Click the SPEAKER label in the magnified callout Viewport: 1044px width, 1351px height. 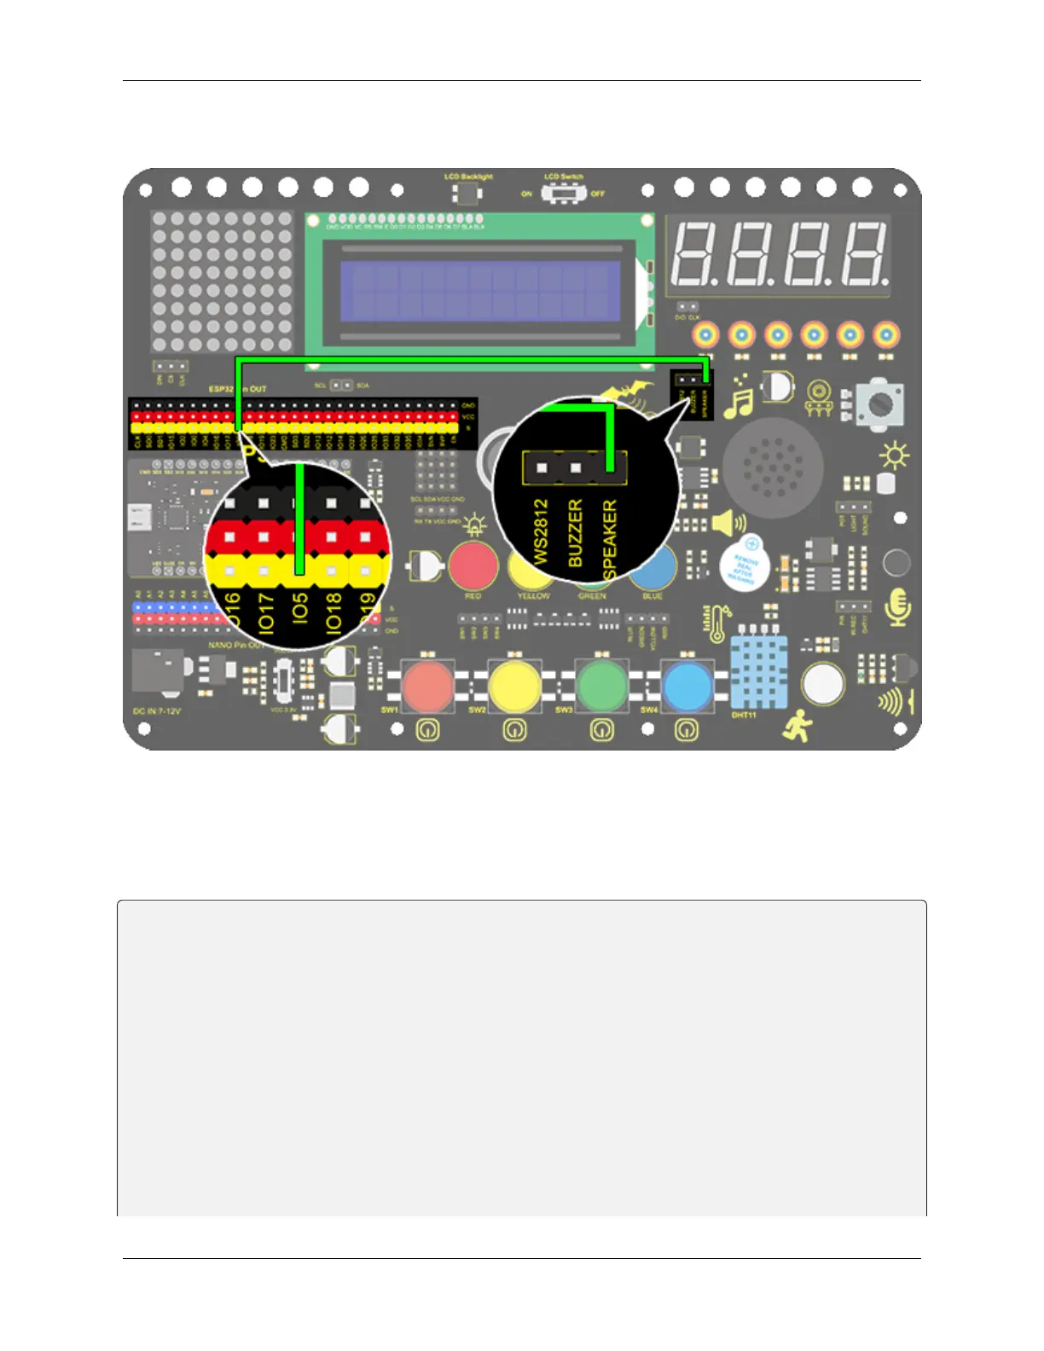tap(609, 539)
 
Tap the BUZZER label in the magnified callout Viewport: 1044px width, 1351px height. tap(575, 534)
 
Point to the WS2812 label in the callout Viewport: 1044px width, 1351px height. tap(541, 531)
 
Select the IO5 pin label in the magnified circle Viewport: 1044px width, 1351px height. tap(299, 610)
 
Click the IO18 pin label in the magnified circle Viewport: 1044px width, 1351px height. tap(333, 612)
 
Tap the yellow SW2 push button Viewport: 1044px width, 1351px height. tap(514, 685)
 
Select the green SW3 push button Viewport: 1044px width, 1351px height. tap(601, 685)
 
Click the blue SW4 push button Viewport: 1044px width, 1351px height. tap(687, 685)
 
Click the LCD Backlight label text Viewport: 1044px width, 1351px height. tap(468, 177)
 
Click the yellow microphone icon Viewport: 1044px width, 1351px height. tap(897, 606)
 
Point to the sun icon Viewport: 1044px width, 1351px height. tap(894, 456)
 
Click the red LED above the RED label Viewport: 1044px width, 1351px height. tap(473, 565)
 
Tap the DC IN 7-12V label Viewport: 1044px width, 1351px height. tap(157, 710)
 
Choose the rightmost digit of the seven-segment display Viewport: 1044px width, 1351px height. tap(862, 254)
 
